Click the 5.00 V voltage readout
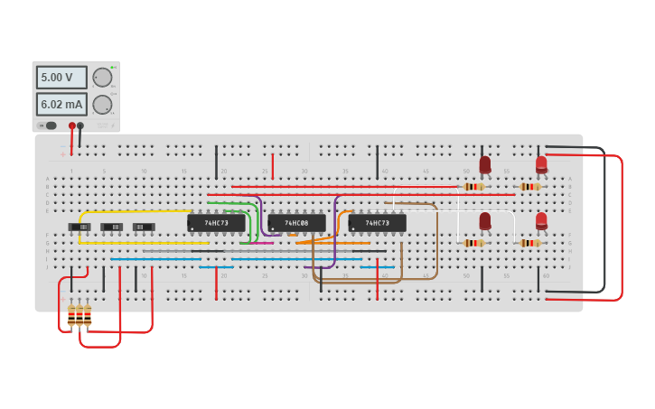click(x=61, y=78)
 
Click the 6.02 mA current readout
click(x=61, y=104)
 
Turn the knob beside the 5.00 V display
click(x=102, y=78)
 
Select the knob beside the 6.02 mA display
click(x=102, y=104)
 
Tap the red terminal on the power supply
click(x=72, y=125)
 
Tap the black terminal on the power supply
click(x=80, y=125)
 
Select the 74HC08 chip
click(x=296, y=222)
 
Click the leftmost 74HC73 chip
click(x=216, y=222)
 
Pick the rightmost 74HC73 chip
click(x=377, y=222)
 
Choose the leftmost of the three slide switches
click(x=80, y=227)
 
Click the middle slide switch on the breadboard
click(x=111, y=227)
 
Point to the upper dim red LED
click(x=485, y=164)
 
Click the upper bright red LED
click(x=541, y=164)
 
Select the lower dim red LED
click(x=485, y=220)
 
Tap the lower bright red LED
click(x=541, y=220)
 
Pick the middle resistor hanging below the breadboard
click(x=80, y=314)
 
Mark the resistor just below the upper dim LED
click(x=473, y=187)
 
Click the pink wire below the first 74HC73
click(x=257, y=242)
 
